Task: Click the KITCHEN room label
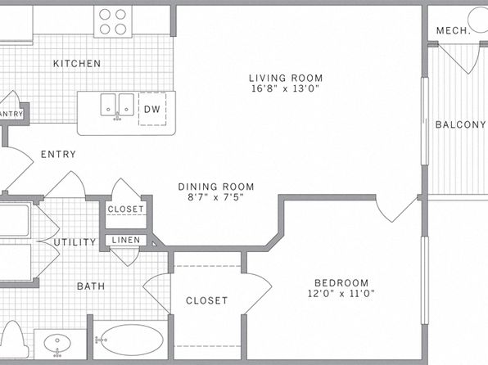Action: pyautogui.click(x=77, y=64)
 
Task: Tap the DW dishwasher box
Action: pyautogui.click(x=152, y=109)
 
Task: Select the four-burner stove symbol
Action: pyautogui.click(x=113, y=21)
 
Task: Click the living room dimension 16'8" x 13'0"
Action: pyautogui.click(x=286, y=88)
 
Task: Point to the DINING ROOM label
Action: pyautogui.click(x=216, y=187)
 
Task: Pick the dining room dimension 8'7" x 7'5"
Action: pyautogui.click(x=215, y=197)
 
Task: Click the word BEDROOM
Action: pyautogui.click(x=341, y=283)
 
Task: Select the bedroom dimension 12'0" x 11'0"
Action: pyautogui.click(x=341, y=294)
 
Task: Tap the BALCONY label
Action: pyautogui.click(x=460, y=124)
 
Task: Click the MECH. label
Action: pyautogui.click(x=453, y=31)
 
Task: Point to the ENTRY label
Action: pyautogui.click(x=58, y=154)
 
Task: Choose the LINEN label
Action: pyautogui.click(x=126, y=240)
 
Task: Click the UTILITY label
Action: pyautogui.click(x=75, y=242)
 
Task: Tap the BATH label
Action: pyautogui.click(x=91, y=286)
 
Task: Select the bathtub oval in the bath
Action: pyautogui.click(x=132, y=340)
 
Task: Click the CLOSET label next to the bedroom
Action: pyautogui.click(x=206, y=300)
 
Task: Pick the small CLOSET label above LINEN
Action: pyautogui.click(x=126, y=210)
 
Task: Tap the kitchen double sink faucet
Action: pyautogui.click(x=117, y=117)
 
